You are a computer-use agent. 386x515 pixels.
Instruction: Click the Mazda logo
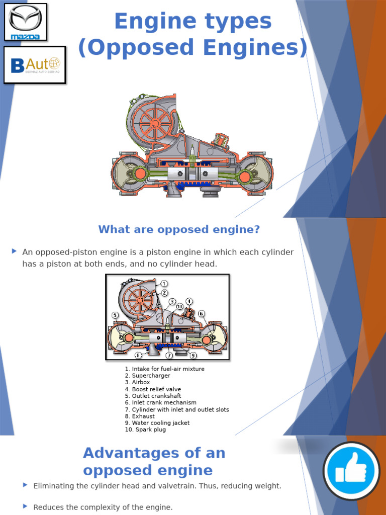point(26,21)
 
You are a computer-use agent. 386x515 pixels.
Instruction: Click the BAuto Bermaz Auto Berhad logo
point(35,64)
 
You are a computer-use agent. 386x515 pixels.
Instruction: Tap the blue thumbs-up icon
point(351,471)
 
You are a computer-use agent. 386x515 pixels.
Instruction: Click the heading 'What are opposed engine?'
point(179,230)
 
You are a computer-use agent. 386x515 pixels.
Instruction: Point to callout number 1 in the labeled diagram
point(164,284)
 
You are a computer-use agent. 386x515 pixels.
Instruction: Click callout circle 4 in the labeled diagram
point(189,302)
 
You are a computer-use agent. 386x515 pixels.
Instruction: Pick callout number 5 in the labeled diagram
point(115,315)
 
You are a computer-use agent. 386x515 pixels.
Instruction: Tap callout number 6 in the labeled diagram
point(202,314)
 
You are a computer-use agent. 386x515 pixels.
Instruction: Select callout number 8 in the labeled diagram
point(138,355)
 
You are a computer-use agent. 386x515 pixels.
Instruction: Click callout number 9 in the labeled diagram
point(193,355)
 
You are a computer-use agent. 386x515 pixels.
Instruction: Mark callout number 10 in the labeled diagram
point(179,306)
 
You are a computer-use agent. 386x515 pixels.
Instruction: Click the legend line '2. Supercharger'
point(148,376)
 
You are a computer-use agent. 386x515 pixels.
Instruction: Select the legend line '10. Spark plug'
point(145,430)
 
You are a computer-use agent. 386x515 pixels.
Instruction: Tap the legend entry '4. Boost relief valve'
point(153,389)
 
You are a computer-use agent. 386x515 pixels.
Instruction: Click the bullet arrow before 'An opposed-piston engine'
point(14,251)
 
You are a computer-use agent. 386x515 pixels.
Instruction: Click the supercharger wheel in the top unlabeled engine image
point(154,123)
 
